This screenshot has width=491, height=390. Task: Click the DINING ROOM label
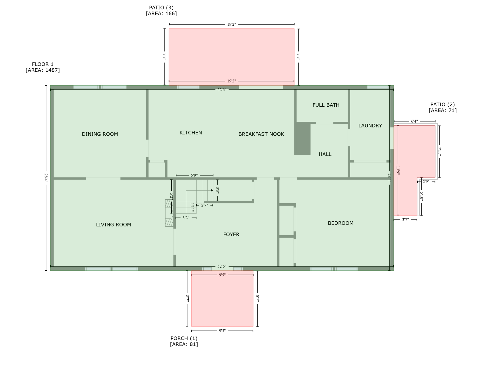coord(100,134)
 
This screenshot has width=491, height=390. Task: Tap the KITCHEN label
coord(191,133)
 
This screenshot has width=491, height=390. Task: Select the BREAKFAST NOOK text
coord(261,134)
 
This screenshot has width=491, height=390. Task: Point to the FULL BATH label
coord(326,105)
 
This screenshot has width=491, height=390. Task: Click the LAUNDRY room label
coord(370,125)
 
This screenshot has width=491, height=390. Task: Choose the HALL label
coord(325,154)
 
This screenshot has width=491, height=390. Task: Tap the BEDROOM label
coord(340,223)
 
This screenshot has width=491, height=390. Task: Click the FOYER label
coord(231,234)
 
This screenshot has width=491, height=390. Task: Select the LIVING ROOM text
coord(113,224)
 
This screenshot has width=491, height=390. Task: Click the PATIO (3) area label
coord(161,10)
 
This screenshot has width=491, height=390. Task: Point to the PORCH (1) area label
coord(184,341)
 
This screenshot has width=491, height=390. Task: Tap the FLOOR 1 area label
coord(43,67)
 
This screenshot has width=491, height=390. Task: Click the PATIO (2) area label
coord(442,107)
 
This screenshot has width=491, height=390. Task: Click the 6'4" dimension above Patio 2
coord(414,121)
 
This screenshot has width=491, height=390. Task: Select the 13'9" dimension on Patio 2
coord(398,170)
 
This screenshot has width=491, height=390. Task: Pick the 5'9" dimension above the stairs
coord(194,175)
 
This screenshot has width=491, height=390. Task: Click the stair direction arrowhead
coord(212,190)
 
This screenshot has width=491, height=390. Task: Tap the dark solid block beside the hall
coord(302,139)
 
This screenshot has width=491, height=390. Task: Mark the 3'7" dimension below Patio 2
coord(405,220)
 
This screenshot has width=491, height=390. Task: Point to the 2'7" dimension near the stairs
coord(204,205)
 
